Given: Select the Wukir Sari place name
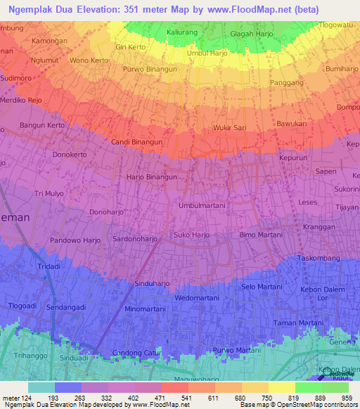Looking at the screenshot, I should point(229,128).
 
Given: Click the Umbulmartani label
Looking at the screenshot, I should point(202,205).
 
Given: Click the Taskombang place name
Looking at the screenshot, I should point(319,259).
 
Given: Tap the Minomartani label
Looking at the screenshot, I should point(145,309).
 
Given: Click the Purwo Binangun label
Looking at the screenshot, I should point(149,70).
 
